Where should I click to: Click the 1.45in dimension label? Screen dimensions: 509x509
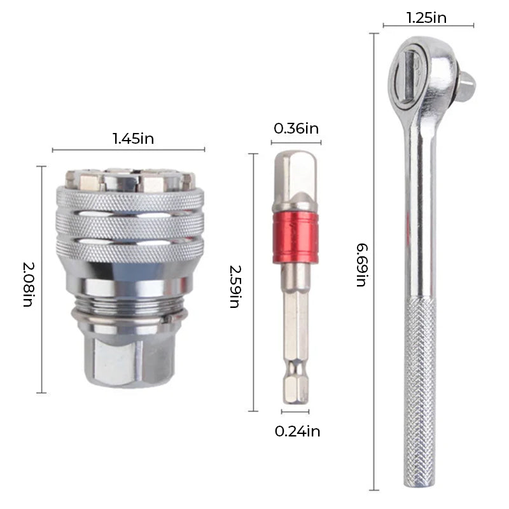(x=133, y=138)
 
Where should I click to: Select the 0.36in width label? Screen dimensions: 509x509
(x=296, y=129)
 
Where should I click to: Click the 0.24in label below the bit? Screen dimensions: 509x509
(x=297, y=431)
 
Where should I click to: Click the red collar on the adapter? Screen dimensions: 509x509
(x=295, y=237)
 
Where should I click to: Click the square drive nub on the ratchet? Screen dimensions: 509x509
(x=466, y=86)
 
